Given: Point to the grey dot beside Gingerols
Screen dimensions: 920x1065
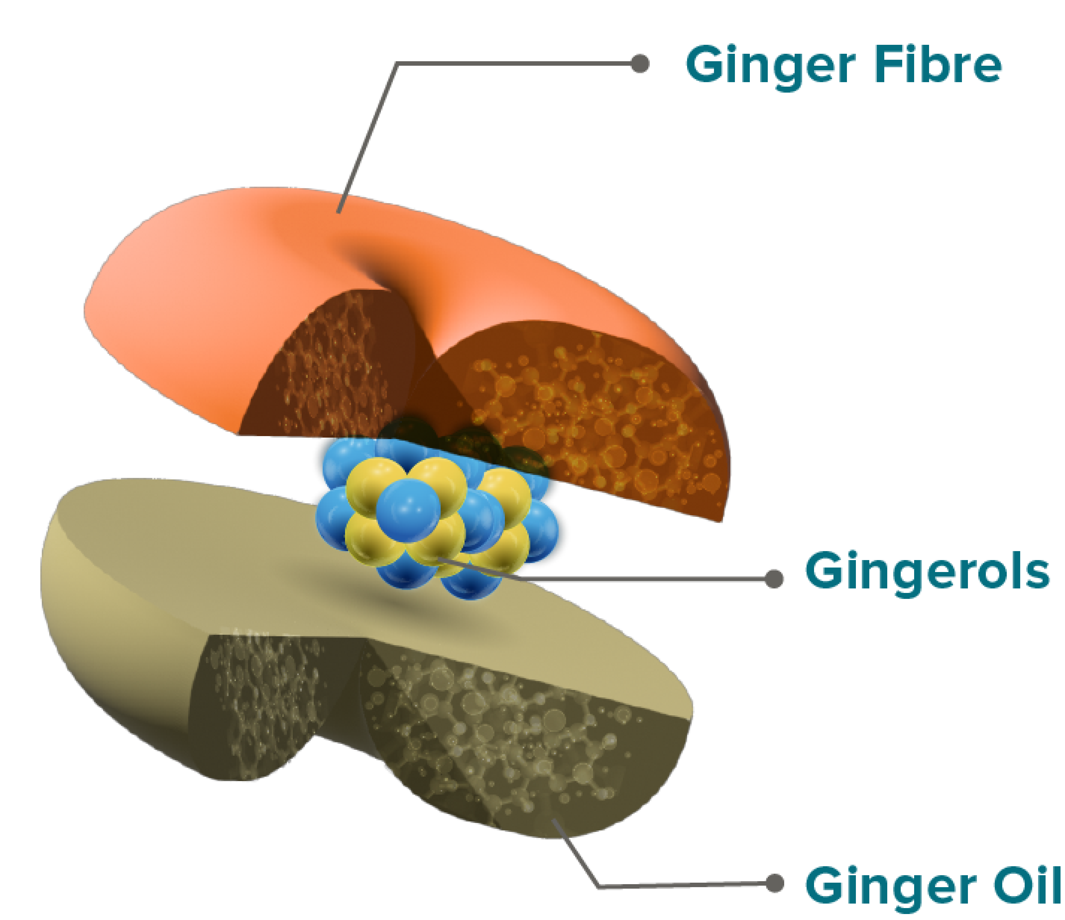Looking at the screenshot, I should pos(773,579).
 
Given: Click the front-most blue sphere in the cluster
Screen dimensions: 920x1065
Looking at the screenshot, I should pos(408,510).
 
